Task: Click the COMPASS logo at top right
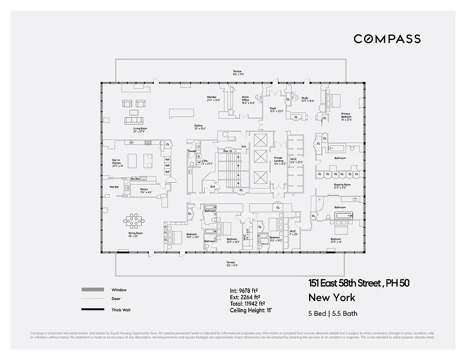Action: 387,39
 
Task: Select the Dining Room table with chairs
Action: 134,220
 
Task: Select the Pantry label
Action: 144,190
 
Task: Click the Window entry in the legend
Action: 119,290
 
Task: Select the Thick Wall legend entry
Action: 121,310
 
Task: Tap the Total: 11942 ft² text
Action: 247,304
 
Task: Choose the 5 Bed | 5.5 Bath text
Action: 333,314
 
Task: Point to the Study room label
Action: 305,99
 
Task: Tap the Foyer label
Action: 273,109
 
